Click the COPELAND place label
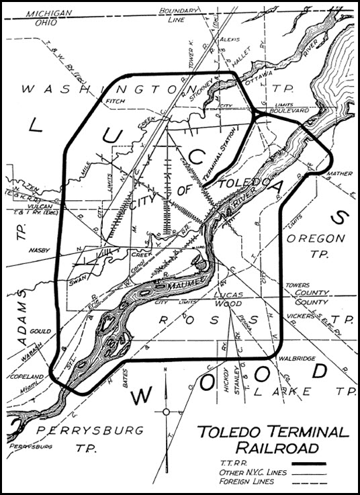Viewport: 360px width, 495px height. click(27, 376)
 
